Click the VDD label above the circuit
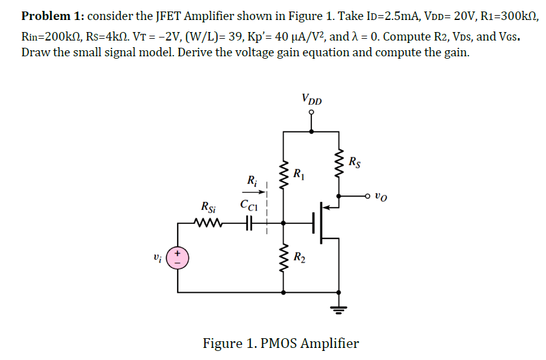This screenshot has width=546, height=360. [311, 99]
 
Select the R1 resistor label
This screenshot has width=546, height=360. [298, 175]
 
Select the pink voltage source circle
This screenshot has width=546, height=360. [178, 258]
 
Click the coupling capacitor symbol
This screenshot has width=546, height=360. [248, 223]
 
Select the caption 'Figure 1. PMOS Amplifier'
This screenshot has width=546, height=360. [281, 344]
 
